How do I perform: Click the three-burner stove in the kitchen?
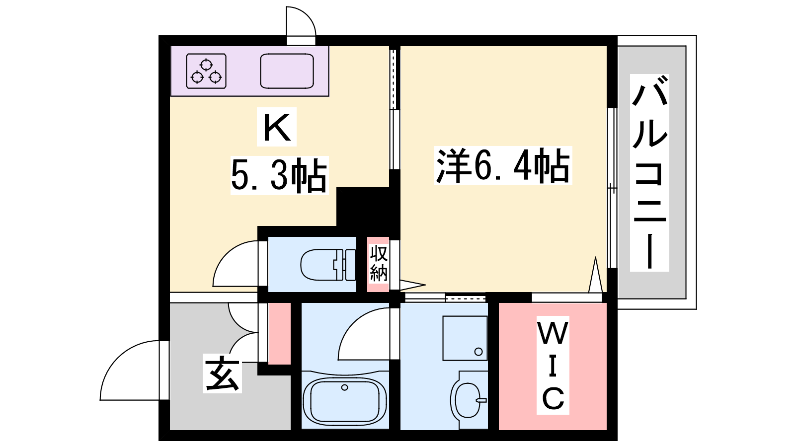pyautogui.click(x=206, y=71)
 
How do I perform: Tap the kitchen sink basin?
pyautogui.click(x=287, y=71)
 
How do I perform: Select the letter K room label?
pyautogui.click(x=277, y=127)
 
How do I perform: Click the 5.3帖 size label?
pyautogui.click(x=279, y=175)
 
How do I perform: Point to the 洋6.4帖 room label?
pyautogui.click(x=503, y=165)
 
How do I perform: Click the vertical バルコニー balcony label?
pyautogui.click(x=649, y=172)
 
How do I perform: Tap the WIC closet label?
pyautogui.click(x=553, y=365)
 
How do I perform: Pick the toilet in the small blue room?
pyautogui.click(x=328, y=265)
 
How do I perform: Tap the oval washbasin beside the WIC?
pyautogui.click(x=468, y=400)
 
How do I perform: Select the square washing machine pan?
pyautogui.click(x=465, y=338)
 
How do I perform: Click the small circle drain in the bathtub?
pyautogui.click(x=344, y=387)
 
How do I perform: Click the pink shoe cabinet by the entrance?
pyautogui.click(x=279, y=333)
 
